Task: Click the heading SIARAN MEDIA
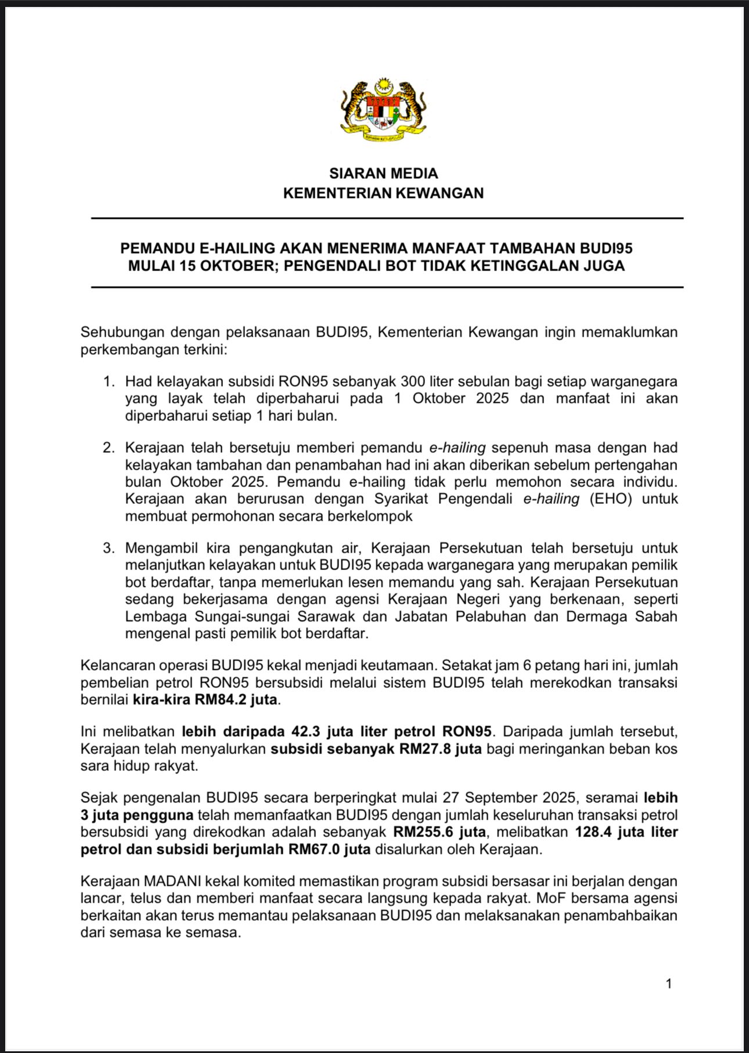pos(383,174)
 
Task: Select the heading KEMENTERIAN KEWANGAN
pos(383,193)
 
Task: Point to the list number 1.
pos(107,381)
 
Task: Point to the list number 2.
pos(107,448)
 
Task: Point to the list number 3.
pos(107,548)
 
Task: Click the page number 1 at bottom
pos(669,983)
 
